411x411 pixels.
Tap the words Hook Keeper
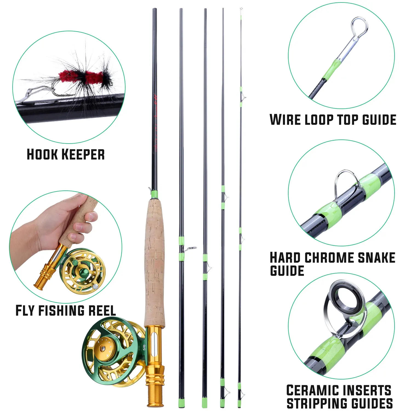[66, 154]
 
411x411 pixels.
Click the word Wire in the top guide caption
[285, 120]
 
